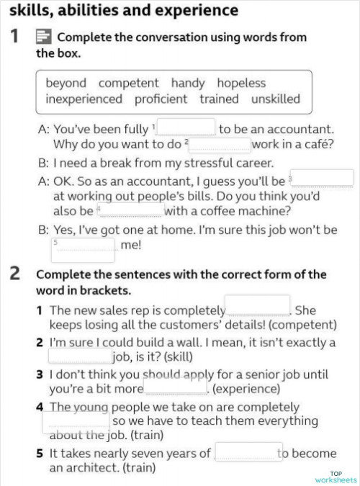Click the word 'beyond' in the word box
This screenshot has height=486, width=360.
[66, 83]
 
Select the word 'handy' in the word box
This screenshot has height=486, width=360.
[188, 83]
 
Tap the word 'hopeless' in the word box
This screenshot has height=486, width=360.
[241, 83]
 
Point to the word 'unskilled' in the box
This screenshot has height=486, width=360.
[271, 99]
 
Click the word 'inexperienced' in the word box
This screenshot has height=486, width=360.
[84, 99]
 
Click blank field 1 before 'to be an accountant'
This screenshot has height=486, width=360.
[186, 128]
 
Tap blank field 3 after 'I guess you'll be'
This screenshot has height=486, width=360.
[322, 179]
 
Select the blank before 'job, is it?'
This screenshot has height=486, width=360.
[80, 355]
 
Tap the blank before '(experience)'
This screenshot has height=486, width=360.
[176, 387]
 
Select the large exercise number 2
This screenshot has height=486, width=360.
[14, 274]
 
